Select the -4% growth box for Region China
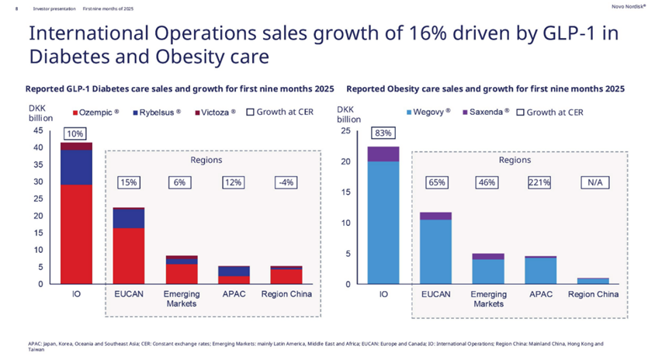point(286,182)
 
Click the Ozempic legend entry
point(96,112)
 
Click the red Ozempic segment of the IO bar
point(76,233)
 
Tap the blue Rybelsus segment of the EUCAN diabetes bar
point(129,218)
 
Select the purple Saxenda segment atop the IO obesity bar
point(383,154)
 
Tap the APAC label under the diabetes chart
point(234,295)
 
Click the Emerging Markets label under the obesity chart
point(488,299)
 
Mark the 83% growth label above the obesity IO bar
point(383,133)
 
